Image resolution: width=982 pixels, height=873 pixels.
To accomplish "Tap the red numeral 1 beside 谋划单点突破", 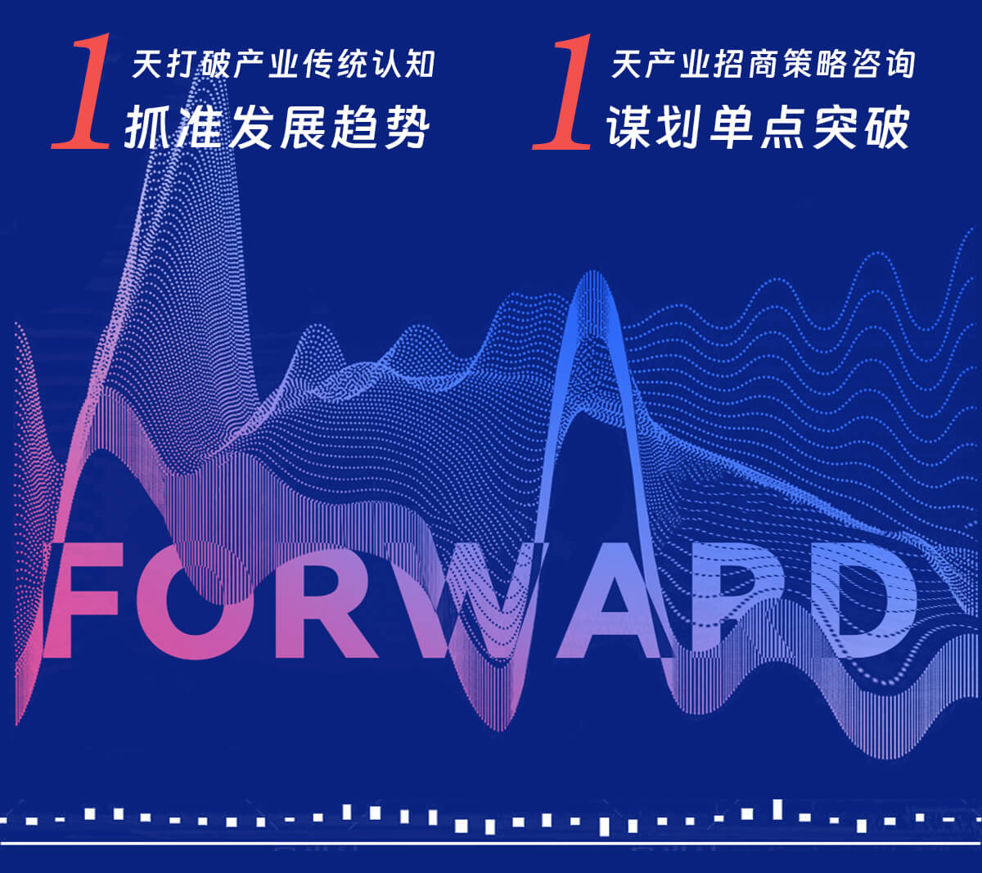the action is (563, 92).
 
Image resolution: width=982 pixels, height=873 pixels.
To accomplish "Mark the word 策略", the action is (813, 64).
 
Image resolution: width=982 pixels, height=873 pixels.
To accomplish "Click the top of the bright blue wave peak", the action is (592, 272).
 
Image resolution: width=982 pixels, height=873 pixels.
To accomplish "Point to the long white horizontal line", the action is (491, 844).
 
